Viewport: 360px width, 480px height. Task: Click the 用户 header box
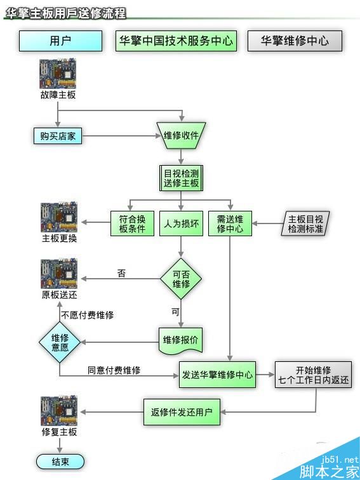[60, 41]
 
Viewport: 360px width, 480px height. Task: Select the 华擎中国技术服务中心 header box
[175, 41]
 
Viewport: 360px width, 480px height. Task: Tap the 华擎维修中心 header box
[295, 41]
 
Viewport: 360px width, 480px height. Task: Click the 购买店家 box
[58, 136]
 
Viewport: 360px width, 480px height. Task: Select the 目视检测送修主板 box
[181, 178]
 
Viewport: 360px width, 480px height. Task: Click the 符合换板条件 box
[132, 223]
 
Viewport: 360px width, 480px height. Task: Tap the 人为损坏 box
[181, 223]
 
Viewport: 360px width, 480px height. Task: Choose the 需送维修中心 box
[230, 223]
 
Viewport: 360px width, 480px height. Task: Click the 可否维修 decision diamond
[181, 279]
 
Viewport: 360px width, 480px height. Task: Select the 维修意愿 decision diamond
[60, 342]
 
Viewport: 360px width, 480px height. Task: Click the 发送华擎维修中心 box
[217, 375]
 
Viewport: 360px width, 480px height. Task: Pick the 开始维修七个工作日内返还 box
[313, 375]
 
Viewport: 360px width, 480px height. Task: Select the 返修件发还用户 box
[182, 412]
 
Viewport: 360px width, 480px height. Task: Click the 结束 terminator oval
[60, 462]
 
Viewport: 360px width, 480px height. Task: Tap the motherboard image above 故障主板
[58, 74]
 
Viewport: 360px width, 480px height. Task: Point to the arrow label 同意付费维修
[114, 370]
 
